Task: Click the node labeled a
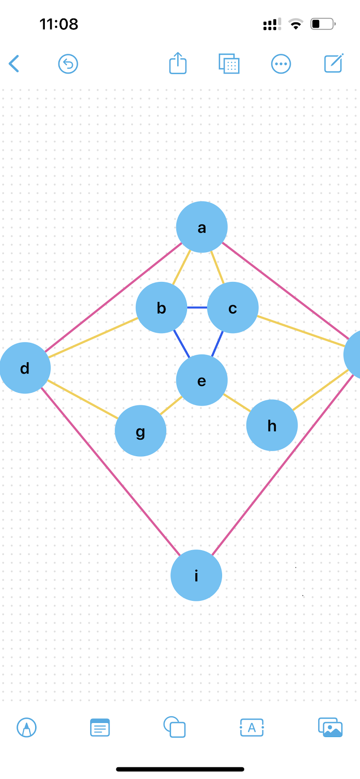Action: pyautogui.click(x=202, y=227)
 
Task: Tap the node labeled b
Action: pyautogui.click(x=161, y=308)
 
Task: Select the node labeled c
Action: pyautogui.click(x=232, y=308)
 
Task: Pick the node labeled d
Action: pyautogui.click(x=25, y=368)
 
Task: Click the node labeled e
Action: pyautogui.click(x=202, y=380)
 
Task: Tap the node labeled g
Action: pyautogui.click(x=140, y=431)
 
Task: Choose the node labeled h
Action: pyautogui.click(x=272, y=426)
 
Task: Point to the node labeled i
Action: pyautogui.click(x=196, y=575)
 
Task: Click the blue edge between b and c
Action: pyautogui.click(x=197, y=308)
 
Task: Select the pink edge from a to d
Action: pyautogui.click(x=113, y=297)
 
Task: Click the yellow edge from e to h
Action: pyautogui.click(x=237, y=403)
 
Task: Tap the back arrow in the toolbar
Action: pyautogui.click(x=14, y=64)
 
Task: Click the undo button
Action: pyautogui.click(x=68, y=64)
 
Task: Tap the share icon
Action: pyautogui.click(x=178, y=63)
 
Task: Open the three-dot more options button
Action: pyautogui.click(x=281, y=64)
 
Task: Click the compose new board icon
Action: pyautogui.click(x=334, y=63)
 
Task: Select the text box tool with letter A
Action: pyautogui.click(x=252, y=728)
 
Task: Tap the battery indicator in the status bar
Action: pyautogui.click(x=322, y=24)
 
